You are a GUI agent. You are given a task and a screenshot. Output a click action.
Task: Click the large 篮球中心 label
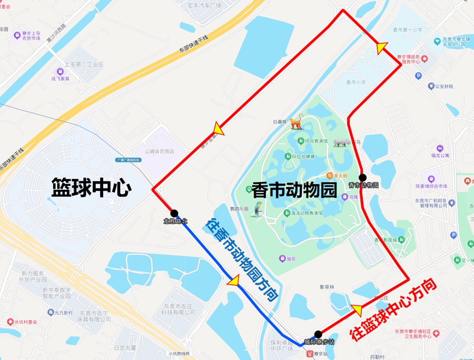pyautogui.click(x=91, y=188)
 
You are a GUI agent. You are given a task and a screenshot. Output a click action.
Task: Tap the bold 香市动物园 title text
pyautogui.click(x=294, y=190)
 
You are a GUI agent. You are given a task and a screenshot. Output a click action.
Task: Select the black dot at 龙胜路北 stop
pyautogui.click(x=175, y=213)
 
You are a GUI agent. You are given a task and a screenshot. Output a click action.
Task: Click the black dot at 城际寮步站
pyautogui.click(x=318, y=334)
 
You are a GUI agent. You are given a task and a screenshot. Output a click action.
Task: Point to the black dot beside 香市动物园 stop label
pyautogui.click(x=362, y=177)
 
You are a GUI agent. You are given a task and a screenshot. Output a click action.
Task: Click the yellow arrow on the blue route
pyautogui.click(x=232, y=281)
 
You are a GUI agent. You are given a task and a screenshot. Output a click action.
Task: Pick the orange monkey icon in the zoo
pyautogui.click(x=295, y=122)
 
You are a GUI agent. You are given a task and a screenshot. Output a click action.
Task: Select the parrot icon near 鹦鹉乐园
pyautogui.click(x=258, y=209)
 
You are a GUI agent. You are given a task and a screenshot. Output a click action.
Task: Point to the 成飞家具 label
pyautogui.click(x=60, y=79)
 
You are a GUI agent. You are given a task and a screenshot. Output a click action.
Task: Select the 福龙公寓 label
pyautogui.click(x=440, y=155)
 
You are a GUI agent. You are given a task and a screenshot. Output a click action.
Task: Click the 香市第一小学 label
pyautogui.click(x=407, y=30)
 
